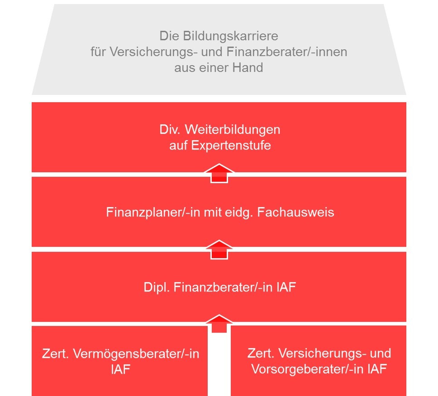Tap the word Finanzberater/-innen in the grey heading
(x=286, y=52)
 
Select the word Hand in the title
(x=248, y=67)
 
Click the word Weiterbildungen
(x=233, y=129)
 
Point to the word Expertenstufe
(x=231, y=146)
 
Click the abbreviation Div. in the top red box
(x=170, y=129)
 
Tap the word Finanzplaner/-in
(x=153, y=212)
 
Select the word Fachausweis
(x=295, y=212)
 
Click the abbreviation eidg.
(x=240, y=212)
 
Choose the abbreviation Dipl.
(x=157, y=288)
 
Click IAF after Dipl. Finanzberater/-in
(x=286, y=287)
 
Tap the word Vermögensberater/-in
(x=136, y=354)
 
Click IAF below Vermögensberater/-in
(x=121, y=369)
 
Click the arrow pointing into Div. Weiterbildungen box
(x=219, y=173)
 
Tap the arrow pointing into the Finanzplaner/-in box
(x=219, y=249)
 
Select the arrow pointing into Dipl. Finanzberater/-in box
(x=219, y=324)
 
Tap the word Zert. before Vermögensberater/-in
(x=55, y=354)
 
